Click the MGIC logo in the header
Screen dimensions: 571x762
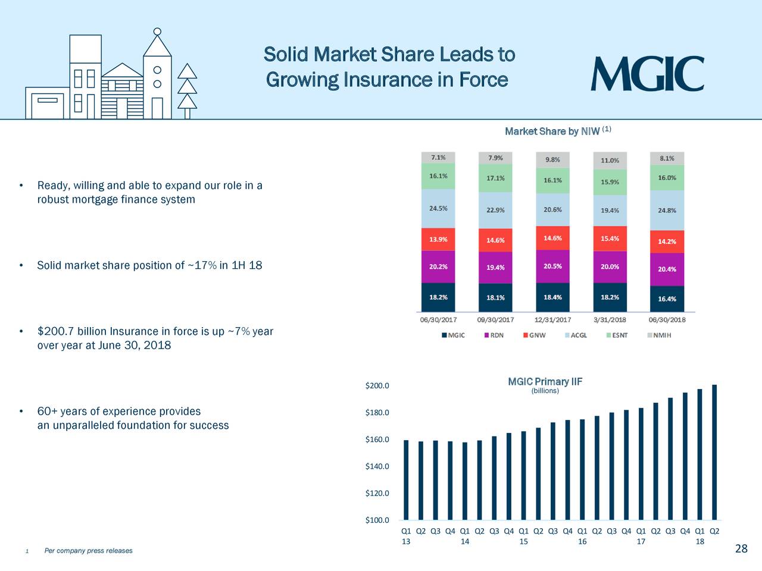(x=647, y=74)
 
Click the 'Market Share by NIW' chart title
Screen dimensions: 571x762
(x=552, y=131)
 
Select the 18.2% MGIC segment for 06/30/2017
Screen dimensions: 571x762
(x=438, y=297)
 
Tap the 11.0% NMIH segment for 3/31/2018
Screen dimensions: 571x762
(x=610, y=160)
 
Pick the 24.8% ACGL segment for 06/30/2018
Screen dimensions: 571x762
(x=667, y=210)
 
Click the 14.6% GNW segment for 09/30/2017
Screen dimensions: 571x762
(x=495, y=240)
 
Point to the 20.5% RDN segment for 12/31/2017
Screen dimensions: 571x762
(x=552, y=266)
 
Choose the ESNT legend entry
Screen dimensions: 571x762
(x=617, y=335)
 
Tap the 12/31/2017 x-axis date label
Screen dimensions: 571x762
(x=552, y=319)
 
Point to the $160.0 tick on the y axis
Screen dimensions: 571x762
(x=377, y=440)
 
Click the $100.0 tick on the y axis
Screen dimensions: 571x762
(x=377, y=520)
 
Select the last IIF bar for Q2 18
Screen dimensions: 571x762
(x=714, y=452)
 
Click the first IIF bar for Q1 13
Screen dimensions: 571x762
(x=406, y=479)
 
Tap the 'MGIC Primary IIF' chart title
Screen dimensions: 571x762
(x=545, y=382)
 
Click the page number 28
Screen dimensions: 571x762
(x=741, y=548)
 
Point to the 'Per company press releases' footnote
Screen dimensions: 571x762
(x=89, y=551)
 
